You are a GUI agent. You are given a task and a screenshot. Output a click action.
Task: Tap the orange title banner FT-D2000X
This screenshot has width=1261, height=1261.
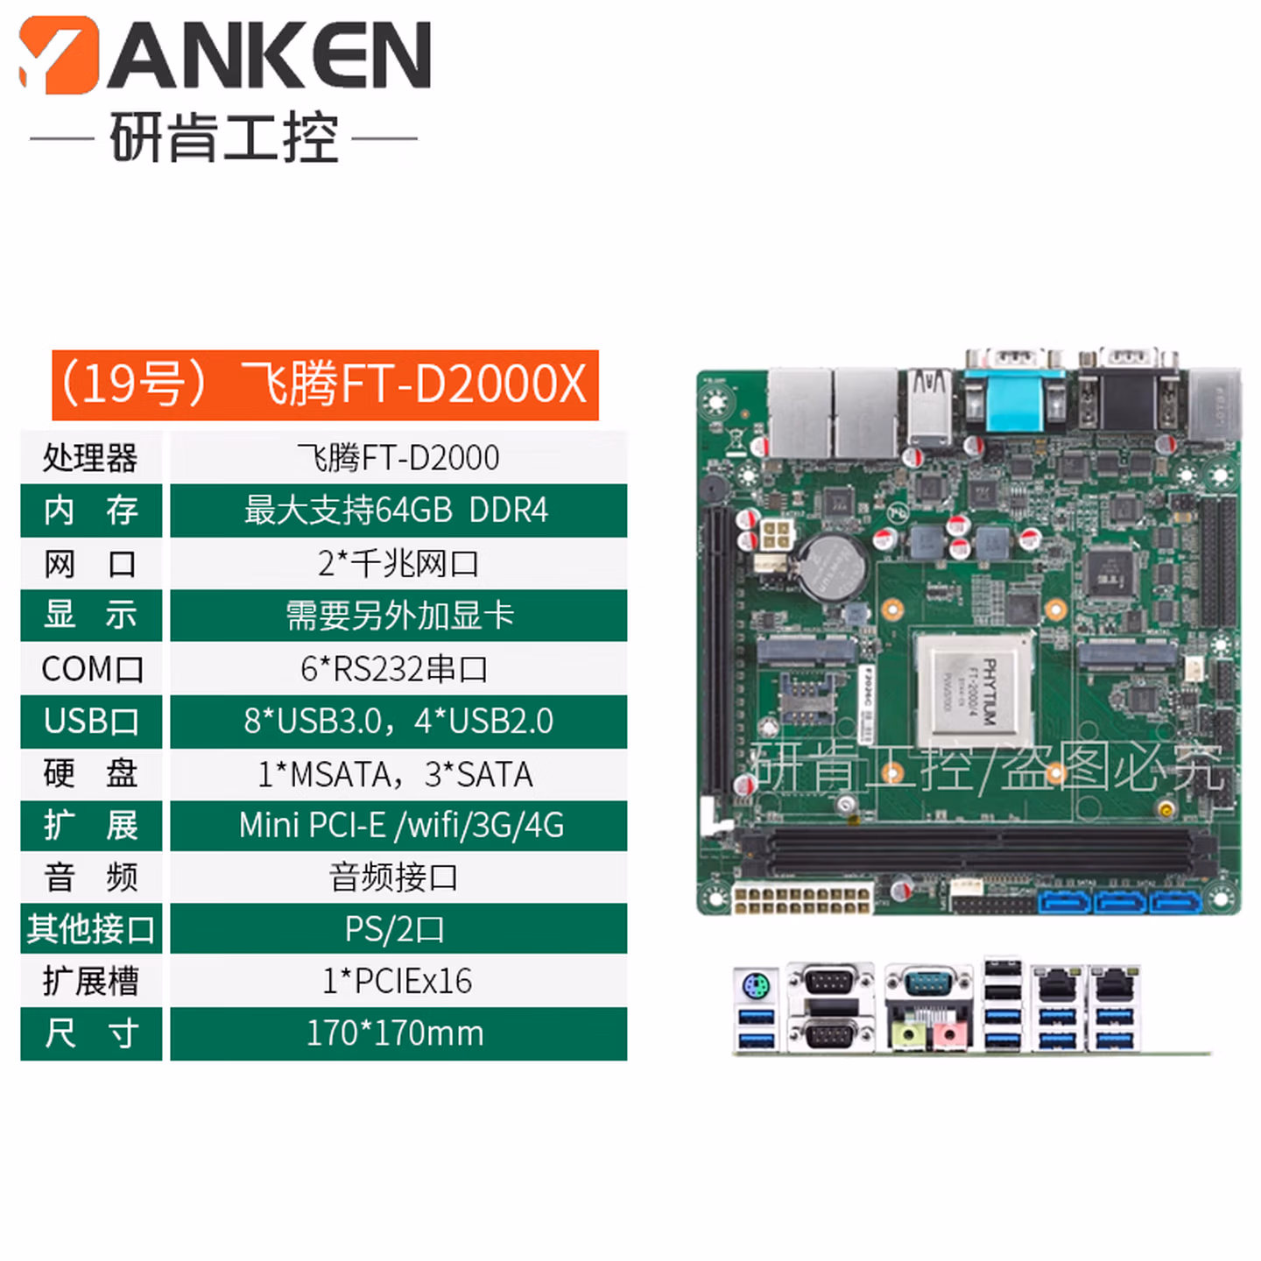point(325,384)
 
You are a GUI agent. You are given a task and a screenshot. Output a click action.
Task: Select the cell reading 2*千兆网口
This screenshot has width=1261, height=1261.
point(398,563)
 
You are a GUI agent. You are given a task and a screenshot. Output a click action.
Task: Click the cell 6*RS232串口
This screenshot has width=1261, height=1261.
point(398,669)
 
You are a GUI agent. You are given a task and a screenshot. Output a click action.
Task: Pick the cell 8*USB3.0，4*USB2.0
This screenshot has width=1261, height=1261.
point(398,721)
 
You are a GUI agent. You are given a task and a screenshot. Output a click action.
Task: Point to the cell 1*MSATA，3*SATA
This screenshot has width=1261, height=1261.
point(398,774)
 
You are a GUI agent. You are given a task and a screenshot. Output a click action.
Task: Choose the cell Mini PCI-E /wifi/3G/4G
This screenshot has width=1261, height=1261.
point(398,825)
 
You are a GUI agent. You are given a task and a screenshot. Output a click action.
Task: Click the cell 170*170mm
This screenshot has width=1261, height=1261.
point(398,1033)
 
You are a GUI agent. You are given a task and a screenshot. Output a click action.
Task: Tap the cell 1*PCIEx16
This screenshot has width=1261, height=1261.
point(398,980)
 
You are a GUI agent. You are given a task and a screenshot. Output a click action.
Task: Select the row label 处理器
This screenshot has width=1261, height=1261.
point(91,457)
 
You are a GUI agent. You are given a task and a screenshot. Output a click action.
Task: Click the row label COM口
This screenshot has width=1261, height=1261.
point(91,669)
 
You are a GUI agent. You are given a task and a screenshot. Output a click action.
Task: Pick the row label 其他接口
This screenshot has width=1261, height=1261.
point(91,928)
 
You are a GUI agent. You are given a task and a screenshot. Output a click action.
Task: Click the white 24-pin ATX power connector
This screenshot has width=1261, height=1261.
point(803,897)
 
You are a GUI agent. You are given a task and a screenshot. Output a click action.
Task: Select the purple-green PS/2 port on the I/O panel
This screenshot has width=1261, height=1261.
point(756,985)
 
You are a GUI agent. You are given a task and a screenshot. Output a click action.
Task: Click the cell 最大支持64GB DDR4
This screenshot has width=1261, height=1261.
point(398,511)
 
